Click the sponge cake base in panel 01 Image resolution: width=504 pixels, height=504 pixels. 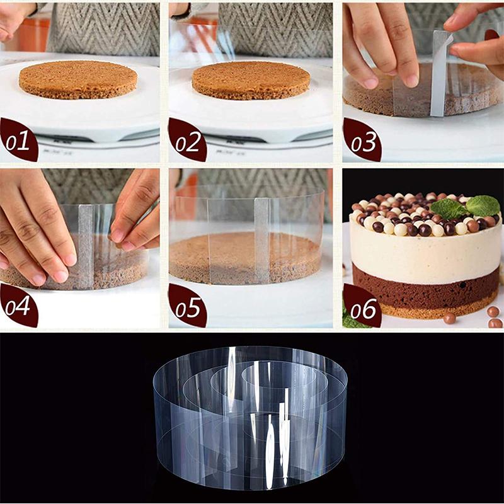(78, 78)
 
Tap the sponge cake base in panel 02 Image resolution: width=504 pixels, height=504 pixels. (251, 79)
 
